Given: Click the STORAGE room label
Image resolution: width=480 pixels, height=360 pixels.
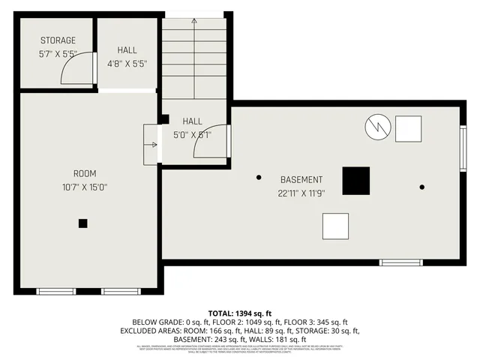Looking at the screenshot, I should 58,40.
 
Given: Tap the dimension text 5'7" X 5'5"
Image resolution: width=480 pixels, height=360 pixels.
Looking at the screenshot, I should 58,54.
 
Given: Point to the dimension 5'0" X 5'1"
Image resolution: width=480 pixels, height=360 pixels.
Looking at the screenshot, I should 192,135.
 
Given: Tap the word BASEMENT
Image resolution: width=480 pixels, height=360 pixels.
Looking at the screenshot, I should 301,180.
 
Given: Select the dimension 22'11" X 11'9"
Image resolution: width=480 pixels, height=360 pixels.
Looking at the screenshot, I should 301,193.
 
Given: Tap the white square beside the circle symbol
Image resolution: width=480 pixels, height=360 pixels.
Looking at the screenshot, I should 409,128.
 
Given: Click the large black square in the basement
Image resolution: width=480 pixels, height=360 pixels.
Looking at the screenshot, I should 356,181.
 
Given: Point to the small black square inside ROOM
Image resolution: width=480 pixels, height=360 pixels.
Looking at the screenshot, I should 83,223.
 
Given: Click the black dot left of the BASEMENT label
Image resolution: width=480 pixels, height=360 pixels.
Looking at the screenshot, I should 259,178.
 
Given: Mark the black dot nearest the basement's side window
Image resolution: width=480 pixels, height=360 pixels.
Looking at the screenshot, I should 422,187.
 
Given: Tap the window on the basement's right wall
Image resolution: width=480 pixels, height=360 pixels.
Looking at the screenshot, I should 463,148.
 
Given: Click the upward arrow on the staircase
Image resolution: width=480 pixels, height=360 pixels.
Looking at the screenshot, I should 194,22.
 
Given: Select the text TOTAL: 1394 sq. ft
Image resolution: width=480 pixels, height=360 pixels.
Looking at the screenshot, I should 240,313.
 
